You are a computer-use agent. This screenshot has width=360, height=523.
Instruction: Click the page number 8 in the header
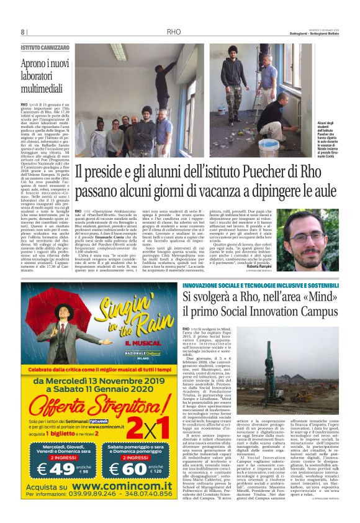point(23,32)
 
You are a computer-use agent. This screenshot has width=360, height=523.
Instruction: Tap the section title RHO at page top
point(174,32)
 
